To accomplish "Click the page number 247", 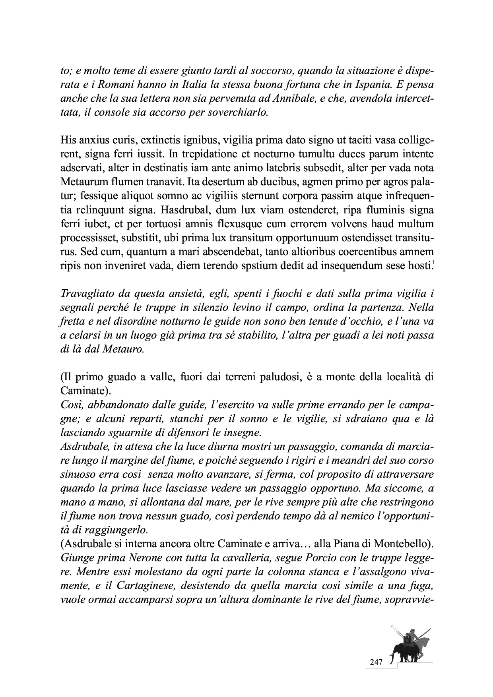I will point(376,662).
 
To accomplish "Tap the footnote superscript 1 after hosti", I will point(432,262).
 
